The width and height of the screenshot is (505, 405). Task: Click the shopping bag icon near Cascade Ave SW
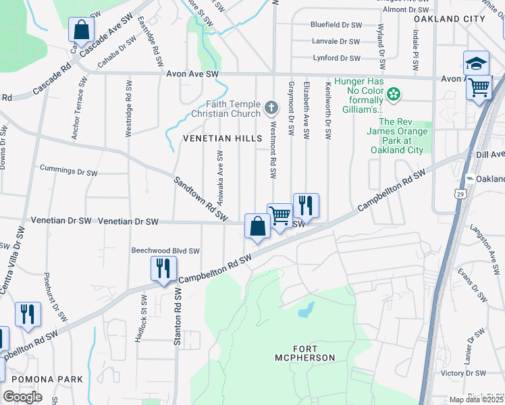pos(80,30)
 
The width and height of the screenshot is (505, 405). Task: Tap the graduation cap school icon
pos(476,63)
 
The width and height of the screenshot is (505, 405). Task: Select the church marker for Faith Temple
pos(271,107)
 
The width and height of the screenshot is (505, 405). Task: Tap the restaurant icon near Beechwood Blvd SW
pos(163,269)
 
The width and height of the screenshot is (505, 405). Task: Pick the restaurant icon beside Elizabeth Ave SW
pos(306,205)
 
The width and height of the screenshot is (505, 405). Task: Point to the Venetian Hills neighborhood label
pos(222,138)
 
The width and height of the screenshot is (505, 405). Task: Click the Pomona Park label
pos(42,379)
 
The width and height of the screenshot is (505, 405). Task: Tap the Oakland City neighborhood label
pos(449,19)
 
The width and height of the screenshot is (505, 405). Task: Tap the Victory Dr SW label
pos(463,373)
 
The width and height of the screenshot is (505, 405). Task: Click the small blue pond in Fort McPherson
pos(306,310)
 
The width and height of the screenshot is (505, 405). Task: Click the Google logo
pos(22,397)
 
